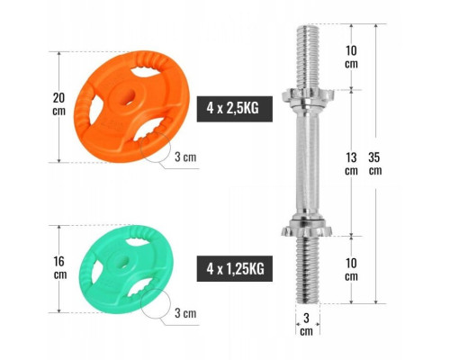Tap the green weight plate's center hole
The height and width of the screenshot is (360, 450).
coord(124,261)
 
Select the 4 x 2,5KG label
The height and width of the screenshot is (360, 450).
coord(235,109)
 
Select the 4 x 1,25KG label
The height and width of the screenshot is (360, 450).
coord(235,269)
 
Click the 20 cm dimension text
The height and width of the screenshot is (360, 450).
coord(59,104)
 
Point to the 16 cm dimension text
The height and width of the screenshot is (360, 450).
coord(60,267)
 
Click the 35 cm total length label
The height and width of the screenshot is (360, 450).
coord(375,164)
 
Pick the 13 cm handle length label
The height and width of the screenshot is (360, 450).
coord(351,164)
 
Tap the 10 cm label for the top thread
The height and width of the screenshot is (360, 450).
coord(351,57)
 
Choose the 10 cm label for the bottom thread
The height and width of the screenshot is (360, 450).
coord(351,270)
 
